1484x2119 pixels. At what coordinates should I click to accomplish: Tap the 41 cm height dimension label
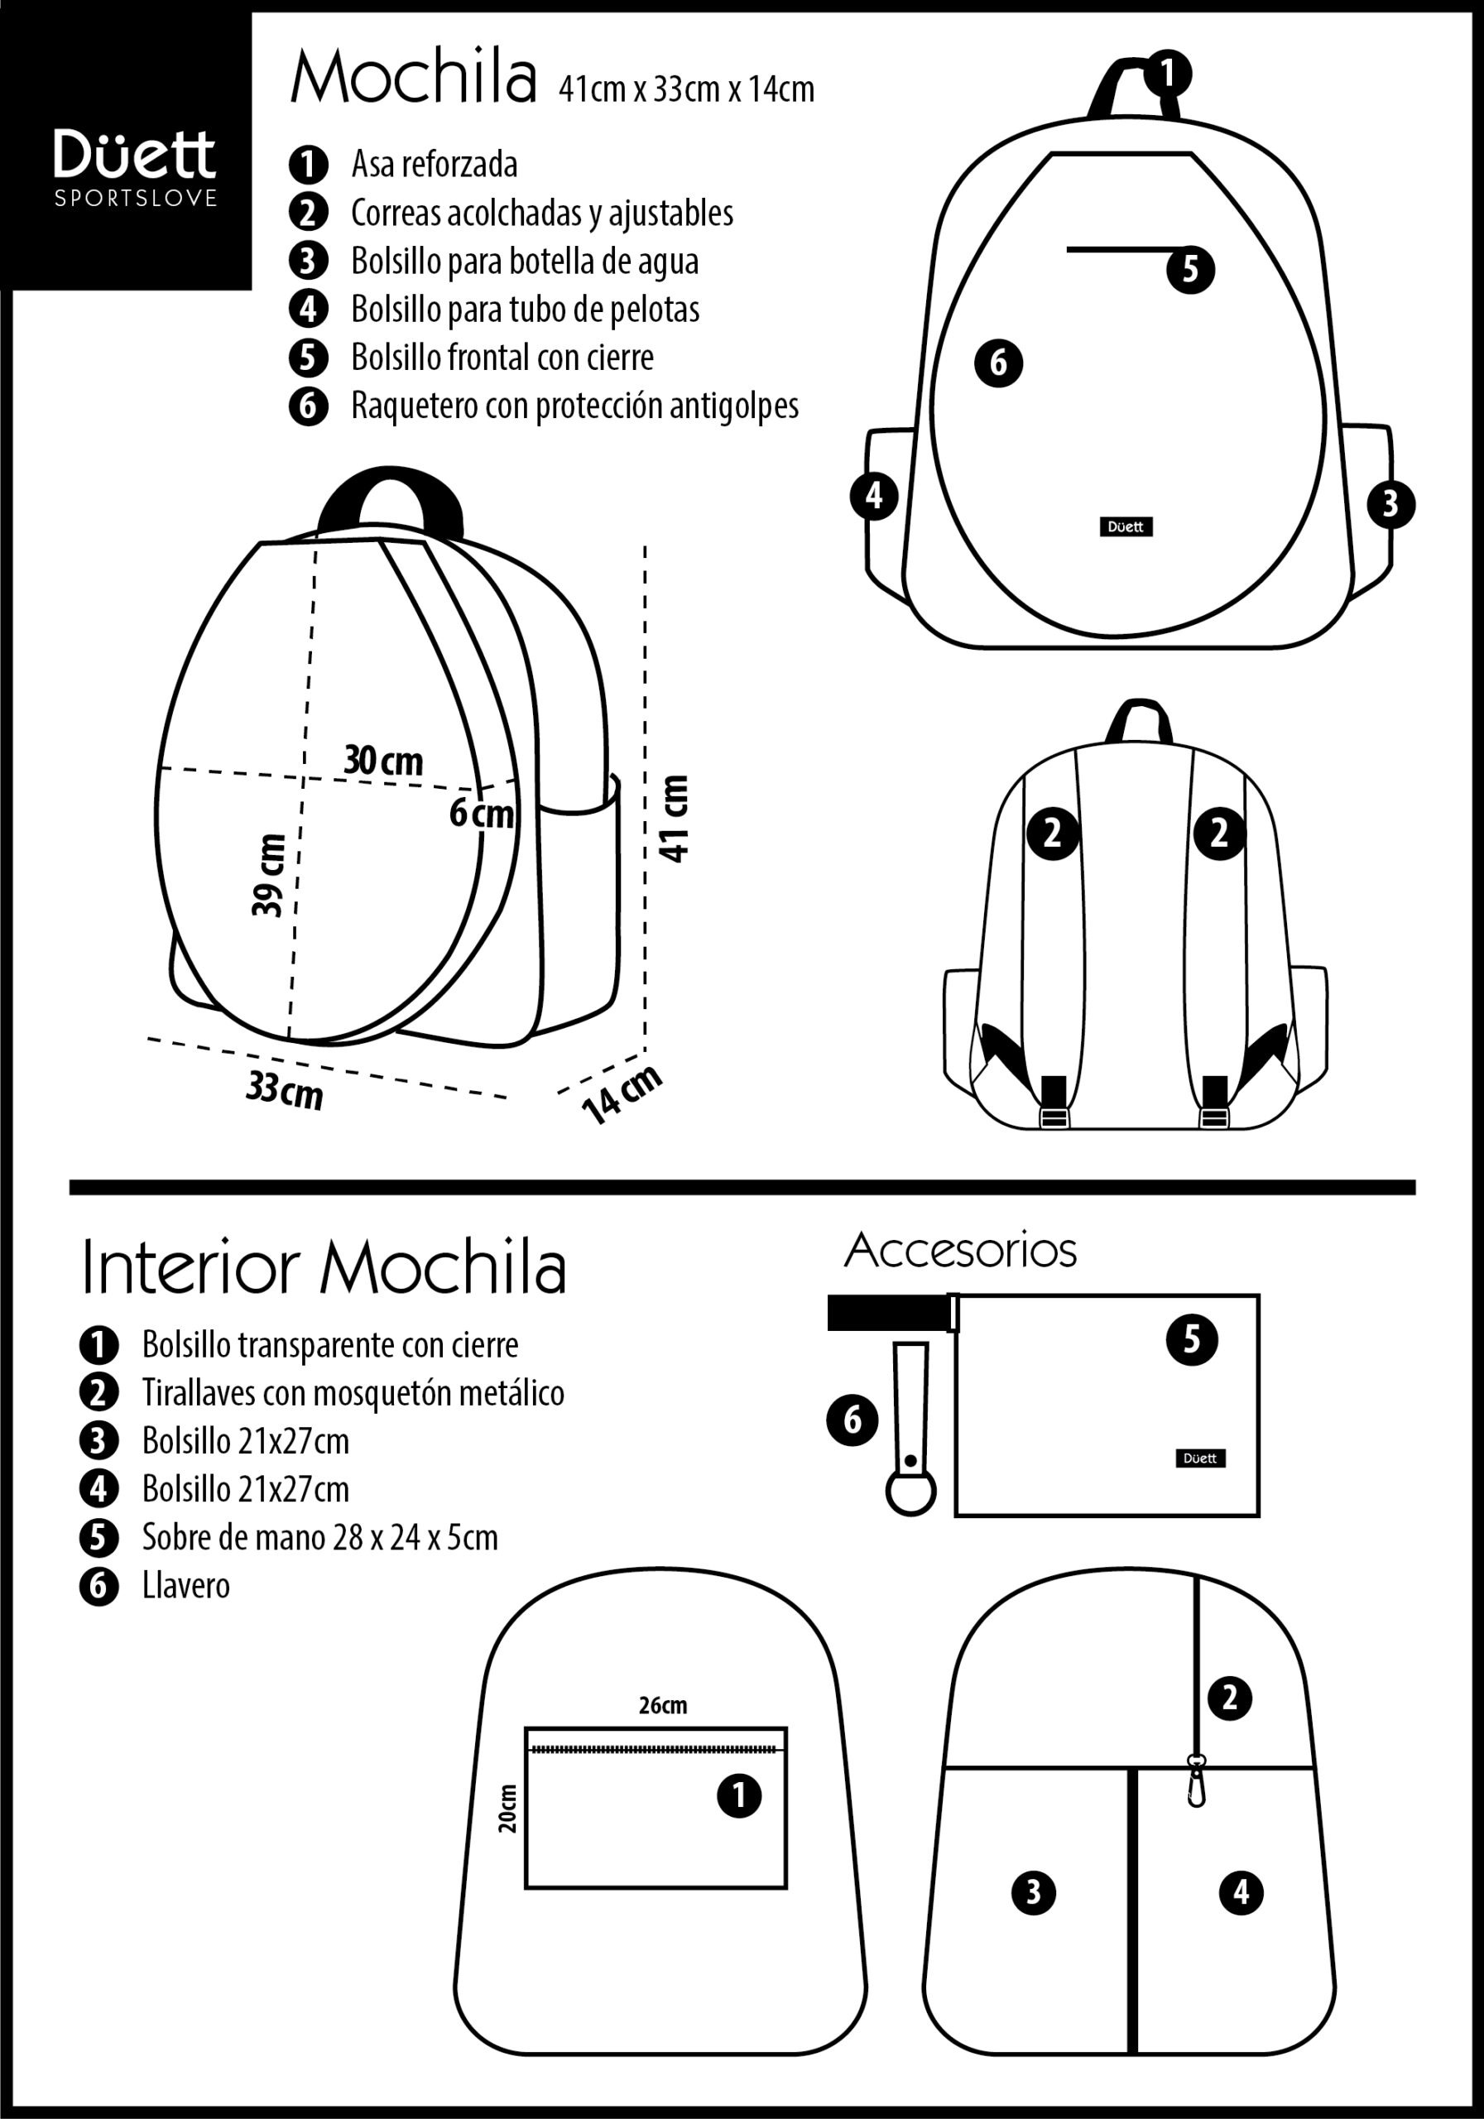click(675, 819)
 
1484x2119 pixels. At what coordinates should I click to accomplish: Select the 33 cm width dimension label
click(284, 1091)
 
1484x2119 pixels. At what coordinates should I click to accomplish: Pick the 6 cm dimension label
click(481, 813)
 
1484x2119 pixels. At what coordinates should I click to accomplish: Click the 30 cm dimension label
click(384, 761)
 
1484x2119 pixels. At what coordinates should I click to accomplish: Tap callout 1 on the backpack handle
click(1169, 72)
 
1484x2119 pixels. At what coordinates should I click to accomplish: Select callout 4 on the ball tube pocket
click(874, 497)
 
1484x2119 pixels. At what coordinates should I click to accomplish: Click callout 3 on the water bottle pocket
click(1390, 504)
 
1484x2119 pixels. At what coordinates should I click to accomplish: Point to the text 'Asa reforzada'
click(434, 164)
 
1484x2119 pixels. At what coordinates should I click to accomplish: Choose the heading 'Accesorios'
click(961, 1251)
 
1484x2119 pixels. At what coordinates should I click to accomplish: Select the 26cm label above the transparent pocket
click(663, 1704)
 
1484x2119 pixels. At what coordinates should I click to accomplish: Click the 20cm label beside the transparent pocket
click(507, 1807)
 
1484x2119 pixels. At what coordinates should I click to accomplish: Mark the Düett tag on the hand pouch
click(1201, 1458)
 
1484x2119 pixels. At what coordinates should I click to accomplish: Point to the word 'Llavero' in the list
click(185, 1586)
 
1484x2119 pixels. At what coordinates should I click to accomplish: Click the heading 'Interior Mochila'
click(324, 1267)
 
